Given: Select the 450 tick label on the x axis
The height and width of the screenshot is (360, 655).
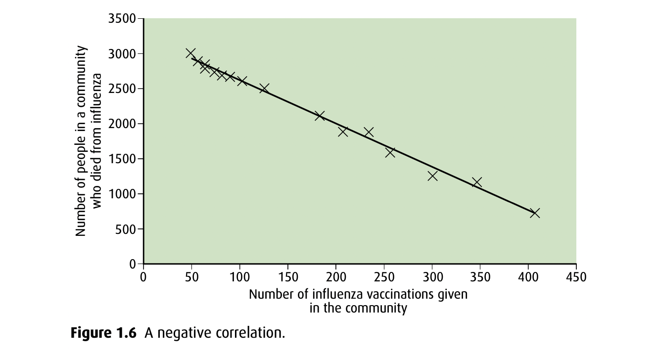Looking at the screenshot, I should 576,277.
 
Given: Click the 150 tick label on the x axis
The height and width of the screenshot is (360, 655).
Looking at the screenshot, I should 288,277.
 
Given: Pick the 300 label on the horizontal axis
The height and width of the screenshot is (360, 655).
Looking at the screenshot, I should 432,277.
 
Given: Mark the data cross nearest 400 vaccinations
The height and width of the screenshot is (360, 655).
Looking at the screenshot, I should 534,213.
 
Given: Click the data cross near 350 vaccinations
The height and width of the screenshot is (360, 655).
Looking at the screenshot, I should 476,182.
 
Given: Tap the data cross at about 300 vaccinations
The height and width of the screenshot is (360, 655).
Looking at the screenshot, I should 432,176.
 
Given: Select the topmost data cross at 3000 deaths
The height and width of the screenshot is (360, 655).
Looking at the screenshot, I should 190,53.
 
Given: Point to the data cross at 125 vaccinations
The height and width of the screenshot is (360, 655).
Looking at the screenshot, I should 264,89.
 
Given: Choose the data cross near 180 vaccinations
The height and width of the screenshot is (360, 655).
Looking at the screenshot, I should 320,116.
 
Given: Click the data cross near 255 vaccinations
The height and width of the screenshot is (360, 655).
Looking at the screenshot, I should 390,152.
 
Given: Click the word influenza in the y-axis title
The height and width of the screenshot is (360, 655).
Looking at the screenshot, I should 97,94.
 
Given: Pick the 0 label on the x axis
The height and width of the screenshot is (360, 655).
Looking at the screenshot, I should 143,277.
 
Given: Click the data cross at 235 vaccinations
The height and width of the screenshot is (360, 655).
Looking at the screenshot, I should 369,132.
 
